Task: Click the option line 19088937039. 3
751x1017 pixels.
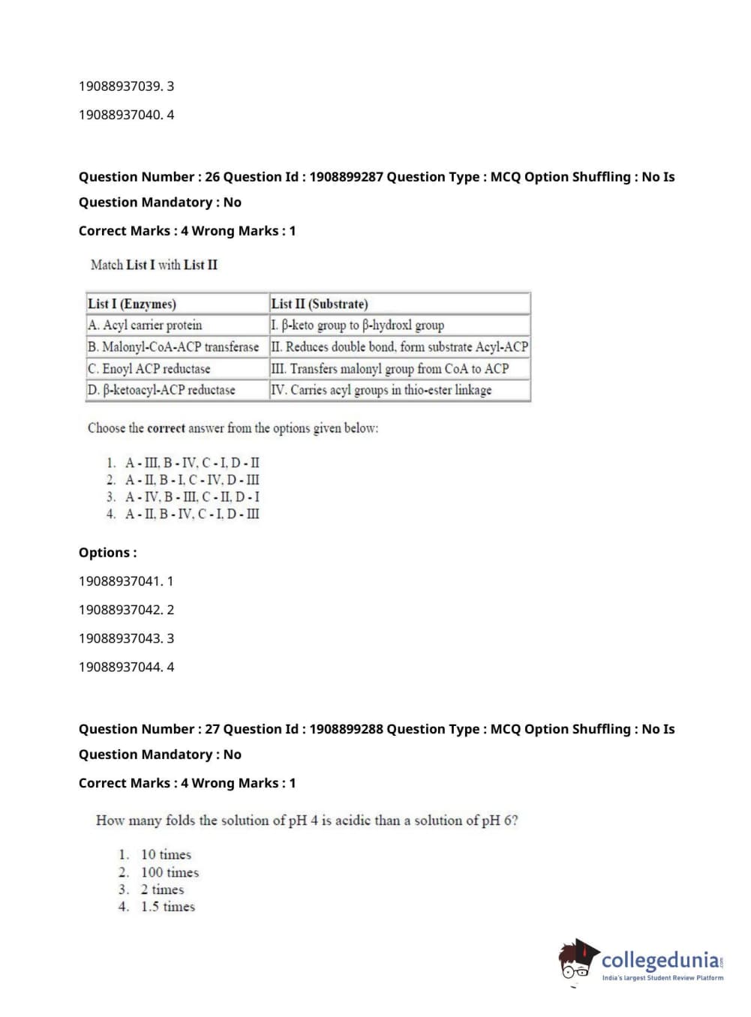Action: click(126, 86)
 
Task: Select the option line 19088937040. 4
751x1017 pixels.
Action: click(126, 115)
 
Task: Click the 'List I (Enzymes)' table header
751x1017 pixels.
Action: click(132, 304)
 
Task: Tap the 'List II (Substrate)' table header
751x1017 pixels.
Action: click(320, 304)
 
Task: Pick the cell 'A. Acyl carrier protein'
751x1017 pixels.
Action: click(145, 325)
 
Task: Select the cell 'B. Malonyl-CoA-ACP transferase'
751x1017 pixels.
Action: click(173, 346)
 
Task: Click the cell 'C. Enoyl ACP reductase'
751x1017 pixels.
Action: click(149, 368)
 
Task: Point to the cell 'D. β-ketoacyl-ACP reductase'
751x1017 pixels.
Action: click(161, 390)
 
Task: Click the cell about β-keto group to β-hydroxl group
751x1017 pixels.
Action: click(357, 325)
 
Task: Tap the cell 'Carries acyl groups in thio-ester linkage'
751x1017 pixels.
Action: click(381, 390)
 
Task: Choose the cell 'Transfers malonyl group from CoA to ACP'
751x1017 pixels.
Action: click(389, 368)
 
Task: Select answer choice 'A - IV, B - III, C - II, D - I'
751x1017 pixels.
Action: click(192, 496)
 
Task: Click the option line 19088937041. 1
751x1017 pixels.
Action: click(126, 581)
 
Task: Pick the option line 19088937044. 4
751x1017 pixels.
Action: click(126, 667)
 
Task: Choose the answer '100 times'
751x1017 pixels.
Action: click(170, 872)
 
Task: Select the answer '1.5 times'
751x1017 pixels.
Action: click(167, 907)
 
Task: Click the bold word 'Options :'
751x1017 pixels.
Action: click(108, 553)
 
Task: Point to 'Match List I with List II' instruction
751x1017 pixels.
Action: click(154, 265)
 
